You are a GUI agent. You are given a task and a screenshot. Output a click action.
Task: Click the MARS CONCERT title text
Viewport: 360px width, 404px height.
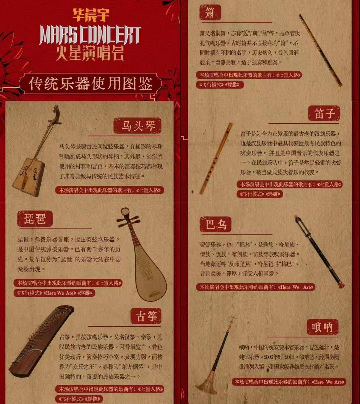pos(90,35)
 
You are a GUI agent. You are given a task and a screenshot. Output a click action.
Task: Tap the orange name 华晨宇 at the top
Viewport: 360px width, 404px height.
pos(91,15)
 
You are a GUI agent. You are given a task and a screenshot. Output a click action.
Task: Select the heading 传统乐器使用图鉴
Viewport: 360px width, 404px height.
pos(90,84)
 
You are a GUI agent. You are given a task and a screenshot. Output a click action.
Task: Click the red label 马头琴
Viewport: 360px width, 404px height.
pos(137,126)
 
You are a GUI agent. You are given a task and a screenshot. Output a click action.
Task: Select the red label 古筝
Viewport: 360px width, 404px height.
pos(146,316)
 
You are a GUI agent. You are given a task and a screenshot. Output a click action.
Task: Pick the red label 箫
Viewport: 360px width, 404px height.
pos(209,12)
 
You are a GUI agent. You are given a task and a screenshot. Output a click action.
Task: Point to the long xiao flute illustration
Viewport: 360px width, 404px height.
pos(320,50)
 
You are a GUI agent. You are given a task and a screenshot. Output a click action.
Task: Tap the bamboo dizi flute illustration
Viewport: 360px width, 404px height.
pos(216,158)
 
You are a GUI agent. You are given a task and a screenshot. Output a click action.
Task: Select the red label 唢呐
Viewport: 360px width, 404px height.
pos(322,327)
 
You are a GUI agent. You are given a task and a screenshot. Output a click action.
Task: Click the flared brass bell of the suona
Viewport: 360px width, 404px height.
pos(206,387)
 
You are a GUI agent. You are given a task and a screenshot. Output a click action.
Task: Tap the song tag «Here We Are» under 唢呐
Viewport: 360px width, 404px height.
pos(328,382)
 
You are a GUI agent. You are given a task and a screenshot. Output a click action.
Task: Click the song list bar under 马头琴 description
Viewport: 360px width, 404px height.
pos(110,190)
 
